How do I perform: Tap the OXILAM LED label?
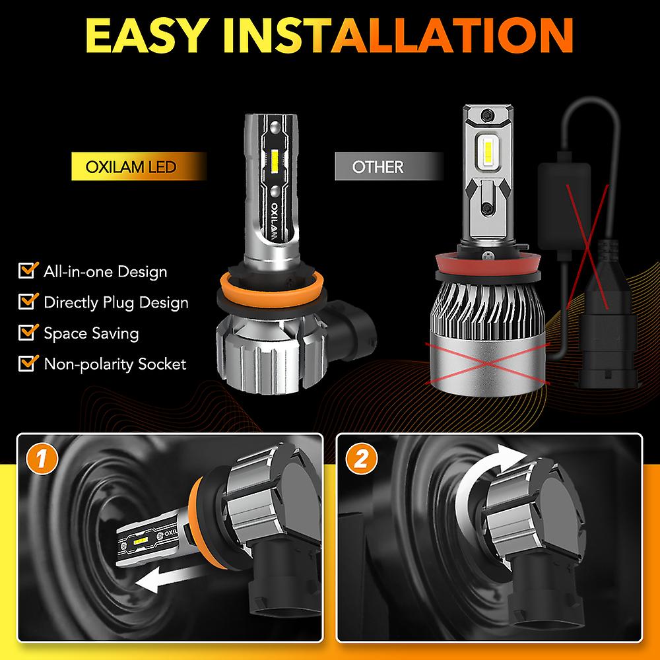(x=131, y=166)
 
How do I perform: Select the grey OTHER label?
(x=378, y=166)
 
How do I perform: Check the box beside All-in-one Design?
(x=27, y=271)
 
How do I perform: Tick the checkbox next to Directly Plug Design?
(x=27, y=302)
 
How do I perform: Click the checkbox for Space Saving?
(x=27, y=332)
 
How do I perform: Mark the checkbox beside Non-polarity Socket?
(x=27, y=363)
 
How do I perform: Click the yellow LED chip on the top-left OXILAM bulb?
(x=272, y=158)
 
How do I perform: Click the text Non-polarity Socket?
(x=115, y=364)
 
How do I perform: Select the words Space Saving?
(x=91, y=333)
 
